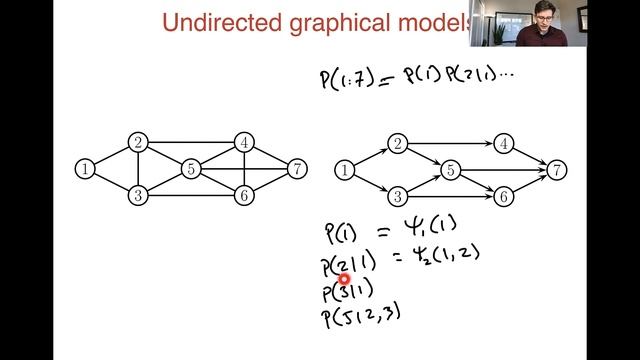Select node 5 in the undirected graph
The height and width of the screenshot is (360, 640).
[190, 169]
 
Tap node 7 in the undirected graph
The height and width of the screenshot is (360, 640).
[296, 169]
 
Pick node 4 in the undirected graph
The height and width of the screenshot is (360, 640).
[243, 143]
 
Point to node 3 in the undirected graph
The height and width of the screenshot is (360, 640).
[137, 195]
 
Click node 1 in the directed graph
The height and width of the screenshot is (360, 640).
[345, 171]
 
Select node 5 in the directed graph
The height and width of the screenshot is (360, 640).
[451, 171]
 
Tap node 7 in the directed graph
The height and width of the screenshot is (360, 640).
[557, 171]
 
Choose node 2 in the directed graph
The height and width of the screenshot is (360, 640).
[398, 145]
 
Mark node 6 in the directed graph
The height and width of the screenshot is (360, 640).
[504, 197]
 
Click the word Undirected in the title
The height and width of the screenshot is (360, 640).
[216, 22]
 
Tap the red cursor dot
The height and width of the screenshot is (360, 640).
[344, 281]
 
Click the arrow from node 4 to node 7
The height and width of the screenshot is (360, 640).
[531, 158]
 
